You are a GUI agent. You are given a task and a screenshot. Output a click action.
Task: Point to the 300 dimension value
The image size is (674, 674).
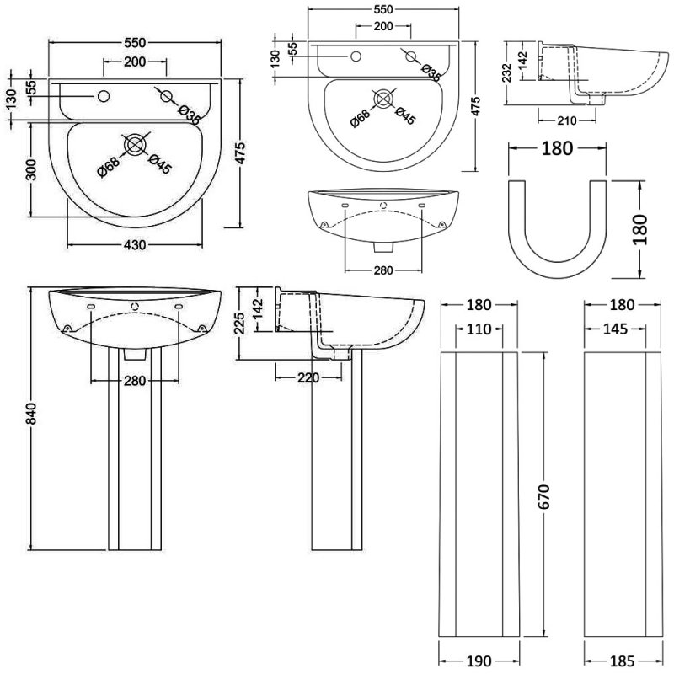click(x=32, y=169)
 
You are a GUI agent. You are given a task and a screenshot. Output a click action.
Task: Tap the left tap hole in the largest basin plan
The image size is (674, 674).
click(x=104, y=95)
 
